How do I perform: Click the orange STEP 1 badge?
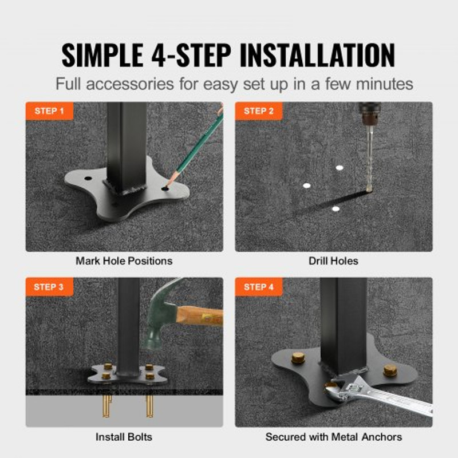pyautogui.click(x=49, y=111)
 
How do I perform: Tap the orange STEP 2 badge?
pyautogui.click(x=259, y=111)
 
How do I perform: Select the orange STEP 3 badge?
pyautogui.click(x=49, y=287)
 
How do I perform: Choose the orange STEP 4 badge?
pyautogui.click(x=259, y=287)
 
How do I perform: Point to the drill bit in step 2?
pyautogui.click(x=369, y=160)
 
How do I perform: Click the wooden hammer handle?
pyautogui.click(x=200, y=315)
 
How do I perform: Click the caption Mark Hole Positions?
pyautogui.click(x=124, y=261)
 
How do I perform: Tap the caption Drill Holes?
pyautogui.click(x=333, y=261)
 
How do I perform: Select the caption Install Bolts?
pyautogui.click(x=124, y=437)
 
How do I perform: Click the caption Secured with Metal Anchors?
pyautogui.click(x=333, y=437)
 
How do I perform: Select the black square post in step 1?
pyautogui.click(x=127, y=143)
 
